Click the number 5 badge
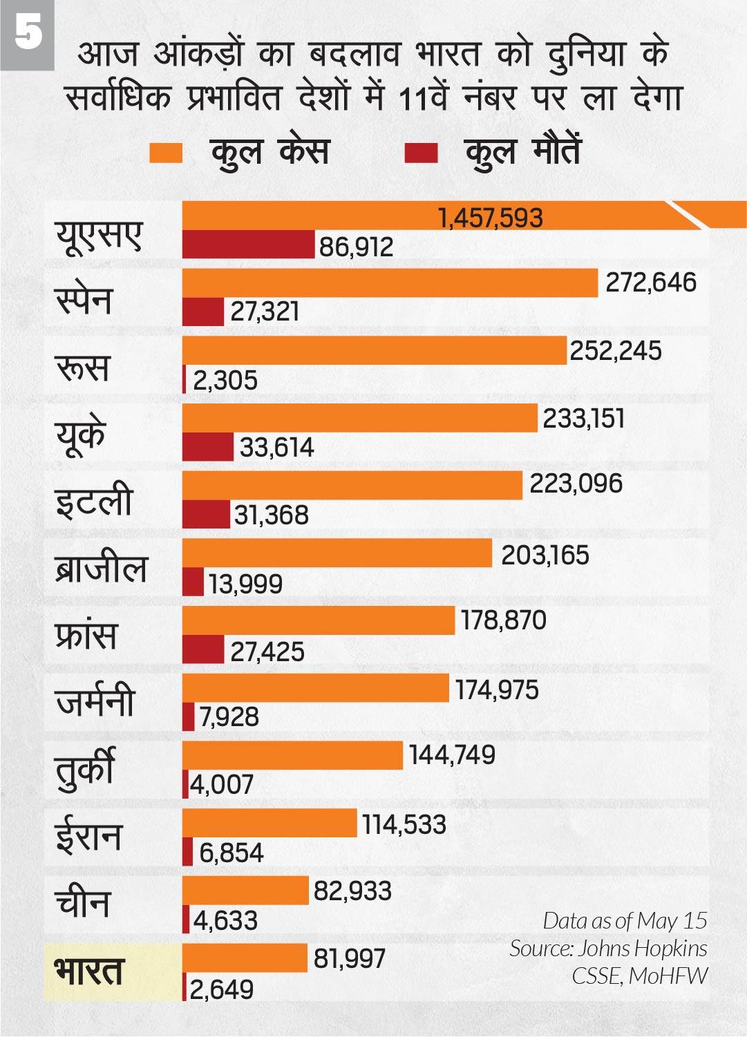click(28, 33)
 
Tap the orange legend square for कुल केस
click(166, 153)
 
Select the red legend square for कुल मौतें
click(421, 153)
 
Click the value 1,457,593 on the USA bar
click(491, 218)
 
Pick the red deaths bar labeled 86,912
click(249, 245)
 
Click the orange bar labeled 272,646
click(390, 283)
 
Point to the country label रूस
click(83, 366)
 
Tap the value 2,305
click(225, 380)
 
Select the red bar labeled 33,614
click(208, 447)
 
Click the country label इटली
click(94, 501)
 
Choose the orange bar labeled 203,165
click(337, 553)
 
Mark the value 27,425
click(267, 651)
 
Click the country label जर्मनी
click(95, 703)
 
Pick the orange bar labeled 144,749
click(292, 756)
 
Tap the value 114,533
click(404, 824)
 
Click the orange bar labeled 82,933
click(245, 891)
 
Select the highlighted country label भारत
click(88, 971)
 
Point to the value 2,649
click(222, 989)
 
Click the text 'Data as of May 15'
click(625, 920)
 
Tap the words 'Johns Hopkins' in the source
click(642, 948)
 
